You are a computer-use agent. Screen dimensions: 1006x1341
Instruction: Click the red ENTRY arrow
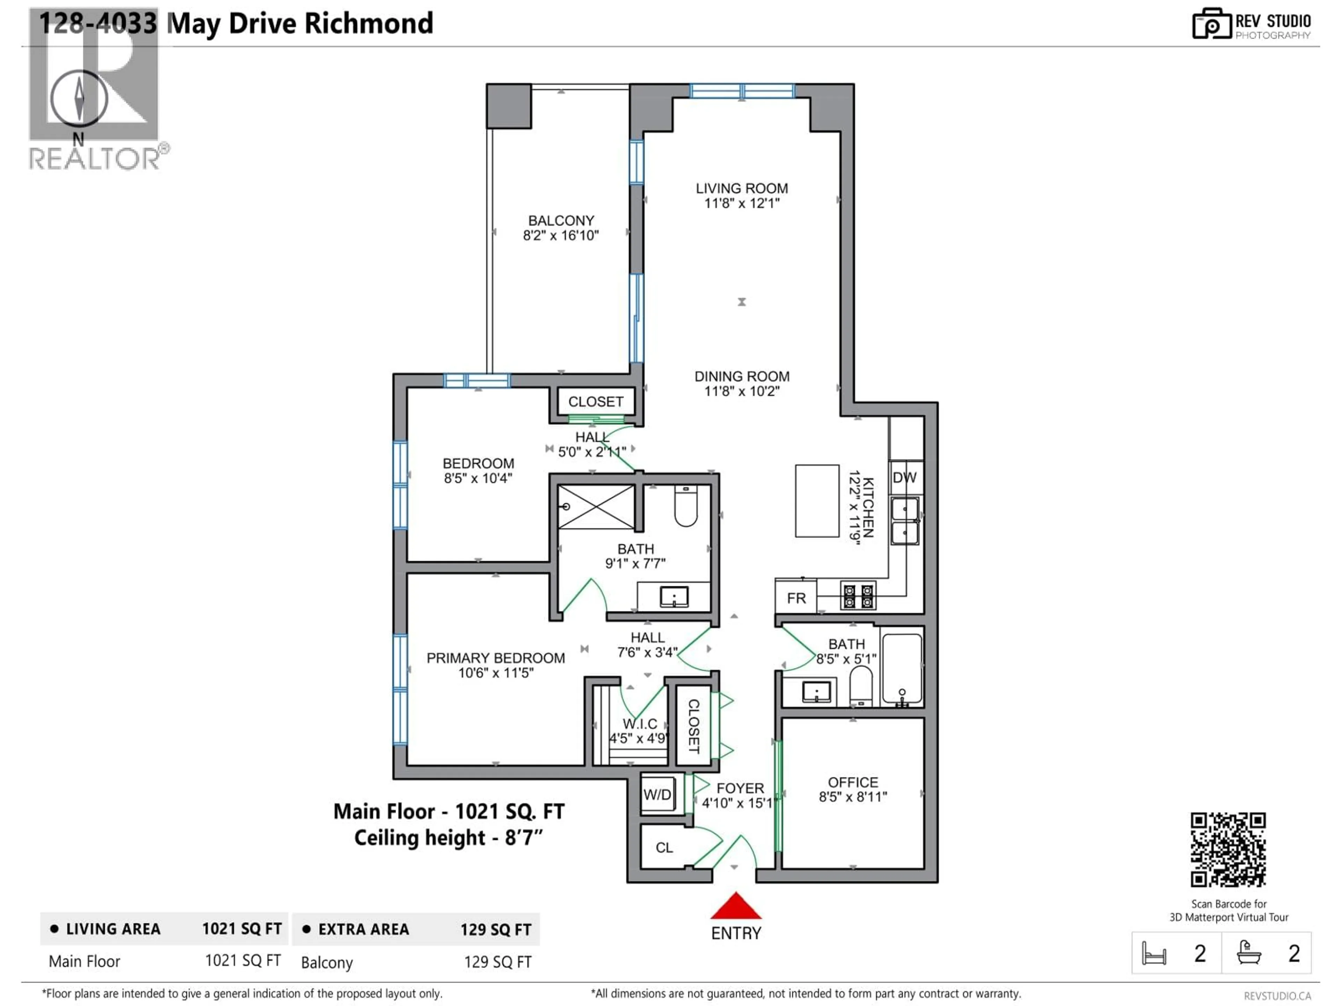[735, 906]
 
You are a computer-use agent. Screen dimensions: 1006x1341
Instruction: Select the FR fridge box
[796, 598]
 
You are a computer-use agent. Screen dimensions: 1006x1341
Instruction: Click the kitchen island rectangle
[816, 501]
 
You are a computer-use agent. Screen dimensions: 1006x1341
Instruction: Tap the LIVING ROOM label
[741, 189]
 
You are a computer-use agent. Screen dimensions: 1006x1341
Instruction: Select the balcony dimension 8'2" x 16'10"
[561, 236]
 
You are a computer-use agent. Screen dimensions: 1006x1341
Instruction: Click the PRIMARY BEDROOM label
[495, 658]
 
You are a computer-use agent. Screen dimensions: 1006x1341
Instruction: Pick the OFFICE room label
[852, 782]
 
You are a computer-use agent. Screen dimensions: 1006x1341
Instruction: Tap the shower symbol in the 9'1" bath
[596, 507]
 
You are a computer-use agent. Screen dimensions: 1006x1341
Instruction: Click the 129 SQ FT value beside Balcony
[497, 962]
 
